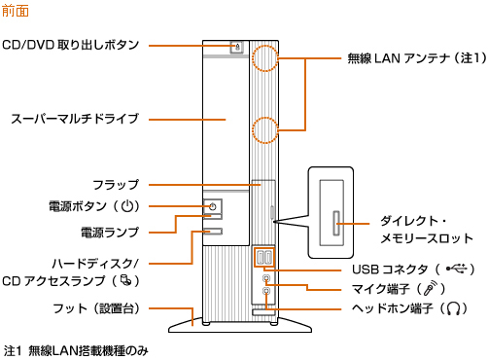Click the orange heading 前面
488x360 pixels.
pos(16,11)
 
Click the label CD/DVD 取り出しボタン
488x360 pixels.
pos(71,45)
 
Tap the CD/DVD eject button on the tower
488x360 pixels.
pos(237,48)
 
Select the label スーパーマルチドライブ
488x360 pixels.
pos(75,119)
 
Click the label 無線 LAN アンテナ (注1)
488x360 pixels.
pos(417,58)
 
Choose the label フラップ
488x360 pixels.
pos(116,185)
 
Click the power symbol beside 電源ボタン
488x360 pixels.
pos(127,206)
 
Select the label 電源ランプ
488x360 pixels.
pos(110,233)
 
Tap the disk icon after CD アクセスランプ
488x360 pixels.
pos(126,280)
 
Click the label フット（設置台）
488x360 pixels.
pos(96,308)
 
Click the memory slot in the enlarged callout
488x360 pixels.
pos(336,224)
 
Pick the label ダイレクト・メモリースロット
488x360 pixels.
pos(427,230)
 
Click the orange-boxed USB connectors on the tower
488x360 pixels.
pos(264,258)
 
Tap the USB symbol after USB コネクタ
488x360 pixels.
pos(457,269)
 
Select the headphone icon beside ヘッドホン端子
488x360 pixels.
pos(453,308)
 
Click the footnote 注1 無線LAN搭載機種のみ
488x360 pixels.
pos(76,351)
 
